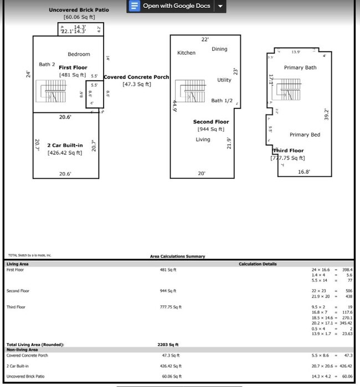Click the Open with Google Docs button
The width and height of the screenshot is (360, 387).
171,6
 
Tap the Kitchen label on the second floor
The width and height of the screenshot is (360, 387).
186,53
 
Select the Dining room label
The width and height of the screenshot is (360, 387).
219,49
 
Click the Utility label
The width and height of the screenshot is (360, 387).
224,80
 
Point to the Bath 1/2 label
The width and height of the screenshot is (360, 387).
222,101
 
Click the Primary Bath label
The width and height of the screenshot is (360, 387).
300,68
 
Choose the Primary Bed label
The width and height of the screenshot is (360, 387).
305,135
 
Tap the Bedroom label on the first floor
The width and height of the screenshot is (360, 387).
79,54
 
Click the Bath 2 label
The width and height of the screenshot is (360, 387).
47,65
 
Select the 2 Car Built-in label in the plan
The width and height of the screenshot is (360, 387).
65,145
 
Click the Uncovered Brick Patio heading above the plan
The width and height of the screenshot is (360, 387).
79,10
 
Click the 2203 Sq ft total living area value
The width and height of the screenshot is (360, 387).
167,344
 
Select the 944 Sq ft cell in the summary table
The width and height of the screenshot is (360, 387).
167,291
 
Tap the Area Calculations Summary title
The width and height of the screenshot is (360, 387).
177,256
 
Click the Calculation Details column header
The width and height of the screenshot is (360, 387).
258,264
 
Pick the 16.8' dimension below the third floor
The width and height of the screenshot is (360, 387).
304,172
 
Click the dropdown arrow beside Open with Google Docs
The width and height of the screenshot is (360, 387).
220,6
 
